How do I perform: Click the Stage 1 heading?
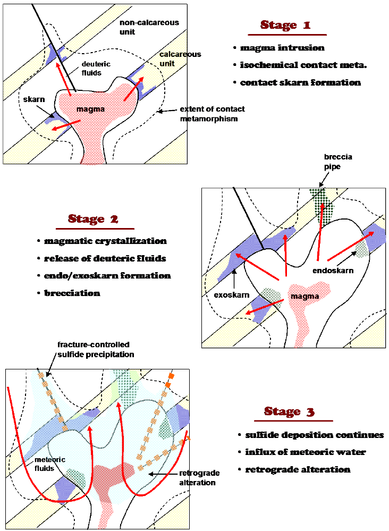(x=285, y=25)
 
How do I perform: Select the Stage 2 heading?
(x=93, y=219)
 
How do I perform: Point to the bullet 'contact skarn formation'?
(x=300, y=82)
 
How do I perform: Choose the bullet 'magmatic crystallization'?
(x=105, y=241)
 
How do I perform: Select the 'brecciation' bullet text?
(x=72, y=293)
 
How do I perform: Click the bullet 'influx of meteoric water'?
(x=306, y=452)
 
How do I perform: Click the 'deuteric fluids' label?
(x=96, y=69)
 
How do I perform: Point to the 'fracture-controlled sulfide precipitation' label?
(x=96, y=349)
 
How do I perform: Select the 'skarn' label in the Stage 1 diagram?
(x=34, y=99)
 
